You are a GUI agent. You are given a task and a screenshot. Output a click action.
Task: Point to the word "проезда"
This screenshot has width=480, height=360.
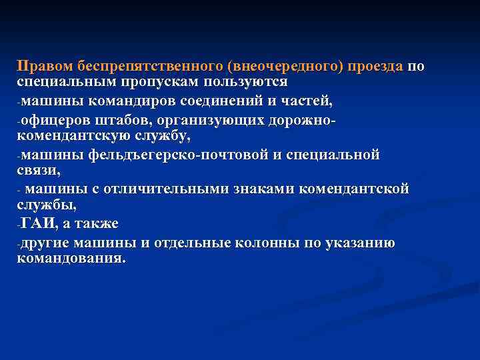point(378,67)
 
